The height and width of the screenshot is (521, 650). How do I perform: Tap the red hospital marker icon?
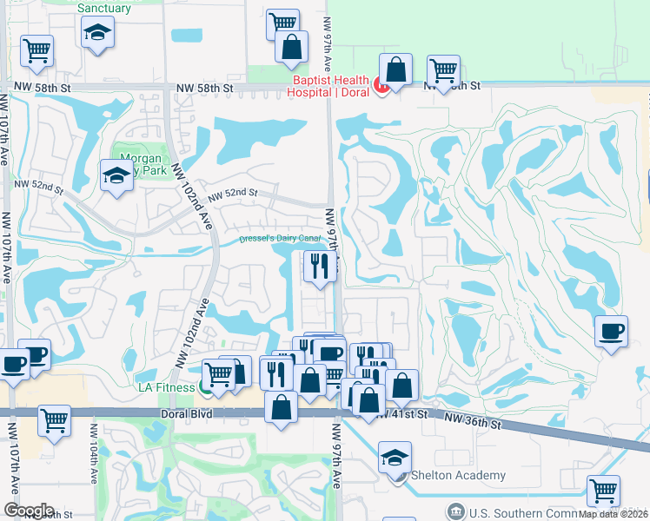click(x=379, y=85)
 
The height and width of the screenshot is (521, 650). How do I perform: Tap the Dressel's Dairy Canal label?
click(x=280, y=239)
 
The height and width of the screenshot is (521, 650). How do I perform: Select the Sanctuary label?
click(x=104, y=9)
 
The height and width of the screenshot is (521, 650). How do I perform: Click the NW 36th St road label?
click(x=474, y=422)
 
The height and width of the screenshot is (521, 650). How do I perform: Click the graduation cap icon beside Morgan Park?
click(x=116, y=175)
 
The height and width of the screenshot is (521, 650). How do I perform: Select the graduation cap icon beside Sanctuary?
click(x=97, y=33)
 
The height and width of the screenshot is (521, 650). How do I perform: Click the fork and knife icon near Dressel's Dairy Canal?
click(x=320, y=266)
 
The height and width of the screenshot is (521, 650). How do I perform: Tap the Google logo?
click(x=29, y=511)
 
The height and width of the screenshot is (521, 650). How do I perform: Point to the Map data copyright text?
click(x=614, y=514)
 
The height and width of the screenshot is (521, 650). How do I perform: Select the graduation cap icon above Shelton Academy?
click(x=395, y=456)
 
